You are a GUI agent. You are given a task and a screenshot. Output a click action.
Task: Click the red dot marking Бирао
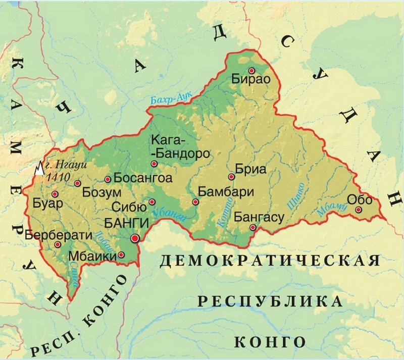pyautogui.click(x=251, y=70)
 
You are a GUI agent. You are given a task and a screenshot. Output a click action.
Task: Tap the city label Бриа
pyautogui.click(x=251, y=170)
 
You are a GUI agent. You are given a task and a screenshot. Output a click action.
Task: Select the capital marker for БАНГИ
pyautogui.click(x=135, y=238)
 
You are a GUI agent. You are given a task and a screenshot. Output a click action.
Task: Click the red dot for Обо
pyautogui.click(x=358, y=210)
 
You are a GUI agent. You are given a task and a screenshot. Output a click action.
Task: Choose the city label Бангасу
pyautogui.click(x=260, y=217)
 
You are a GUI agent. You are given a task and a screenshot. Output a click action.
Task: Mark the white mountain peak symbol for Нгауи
pyautogui.click(x=39, y=169)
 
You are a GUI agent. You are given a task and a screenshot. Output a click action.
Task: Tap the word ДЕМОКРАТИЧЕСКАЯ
pyautogui.click(x=270, y=261)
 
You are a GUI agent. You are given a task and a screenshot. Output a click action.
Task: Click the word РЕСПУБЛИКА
pyautogui.click(x=270, y=301)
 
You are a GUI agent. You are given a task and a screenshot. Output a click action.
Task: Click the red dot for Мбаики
pyautogui.click(x=121, y=254)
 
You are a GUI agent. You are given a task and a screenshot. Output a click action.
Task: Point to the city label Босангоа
pyautogui.click(x=143, y=178)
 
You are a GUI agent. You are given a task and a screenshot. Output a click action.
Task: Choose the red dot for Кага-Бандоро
pyautogui.click(x=154, y=164)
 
